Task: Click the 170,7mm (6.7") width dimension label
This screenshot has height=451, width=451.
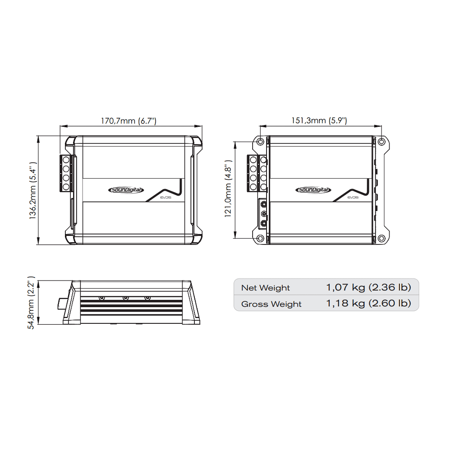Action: click(128, 121)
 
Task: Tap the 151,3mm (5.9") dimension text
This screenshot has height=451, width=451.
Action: click(319, 120)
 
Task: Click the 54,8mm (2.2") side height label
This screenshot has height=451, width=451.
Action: click(31, 305)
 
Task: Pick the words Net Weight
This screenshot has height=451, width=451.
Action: click(265, 288)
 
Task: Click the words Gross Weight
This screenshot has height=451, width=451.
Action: click(271, 304)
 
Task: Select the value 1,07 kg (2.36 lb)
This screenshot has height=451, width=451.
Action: click(368, 287)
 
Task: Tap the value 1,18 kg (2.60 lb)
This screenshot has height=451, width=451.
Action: click(368, 304)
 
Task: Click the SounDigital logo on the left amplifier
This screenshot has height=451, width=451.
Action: click(126, 190)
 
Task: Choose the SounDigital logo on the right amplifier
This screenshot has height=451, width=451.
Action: click(313, 190)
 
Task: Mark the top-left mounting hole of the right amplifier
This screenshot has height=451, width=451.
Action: click(260, 142)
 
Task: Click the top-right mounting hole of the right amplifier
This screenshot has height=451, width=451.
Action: click(381, 142)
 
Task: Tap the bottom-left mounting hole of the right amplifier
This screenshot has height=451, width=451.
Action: click(260, 238)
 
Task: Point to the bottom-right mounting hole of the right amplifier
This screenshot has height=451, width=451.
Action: click(381, 238)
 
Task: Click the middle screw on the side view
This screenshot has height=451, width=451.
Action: click(125, 298)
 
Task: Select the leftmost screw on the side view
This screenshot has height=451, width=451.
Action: click(102, 298)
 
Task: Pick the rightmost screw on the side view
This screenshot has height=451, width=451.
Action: click(147, 298)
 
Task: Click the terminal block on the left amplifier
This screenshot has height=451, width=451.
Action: click(66, 173)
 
